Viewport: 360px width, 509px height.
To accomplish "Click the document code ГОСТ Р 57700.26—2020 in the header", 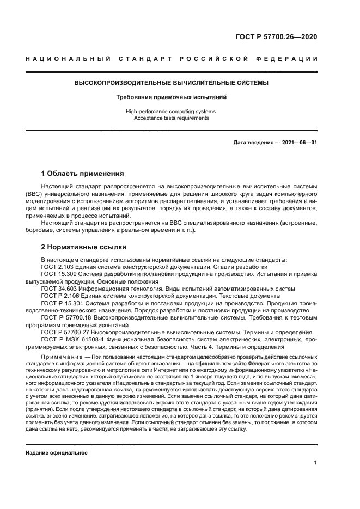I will click(277, 38).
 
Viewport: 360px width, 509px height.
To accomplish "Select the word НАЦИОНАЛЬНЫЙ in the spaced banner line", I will click(66, 59).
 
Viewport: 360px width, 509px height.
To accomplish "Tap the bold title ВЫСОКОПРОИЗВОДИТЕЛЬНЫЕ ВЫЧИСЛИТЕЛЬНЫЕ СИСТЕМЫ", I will click(171, 83).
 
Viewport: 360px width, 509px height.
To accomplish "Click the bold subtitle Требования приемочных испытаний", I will click(171, 97).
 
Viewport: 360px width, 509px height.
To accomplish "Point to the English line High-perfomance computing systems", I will click(171, 111).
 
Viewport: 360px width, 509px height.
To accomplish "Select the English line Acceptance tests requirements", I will click(171, 118).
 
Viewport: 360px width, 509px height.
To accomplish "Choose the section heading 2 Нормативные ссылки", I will click(84, 247).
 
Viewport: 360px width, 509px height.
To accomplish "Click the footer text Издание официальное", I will click(56, 453).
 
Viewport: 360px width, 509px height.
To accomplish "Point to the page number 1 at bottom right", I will click(315, 463).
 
